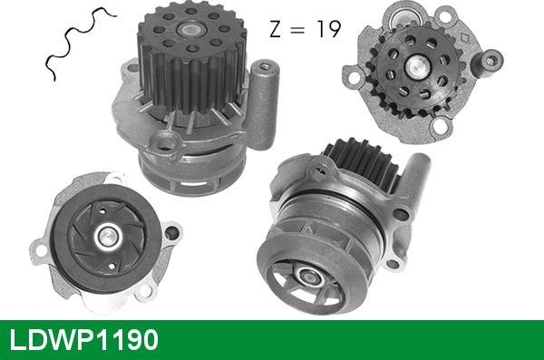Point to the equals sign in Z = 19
[x=298, y=30]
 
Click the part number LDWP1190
[x=83, y=339]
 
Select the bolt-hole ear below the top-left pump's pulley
[x=166, y=141]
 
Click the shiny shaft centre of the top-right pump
[x=419, y=64]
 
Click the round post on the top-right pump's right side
[x=491, y=62]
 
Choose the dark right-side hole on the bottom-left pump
[x=170, y=231]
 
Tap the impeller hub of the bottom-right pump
[x=305, y=277]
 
